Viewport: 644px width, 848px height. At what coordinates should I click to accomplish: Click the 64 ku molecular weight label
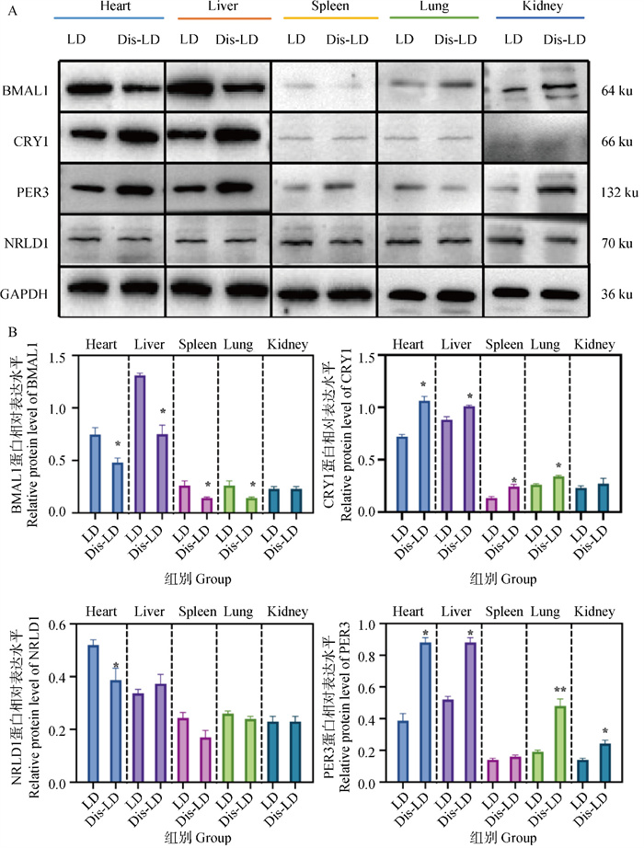[612, 90]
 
